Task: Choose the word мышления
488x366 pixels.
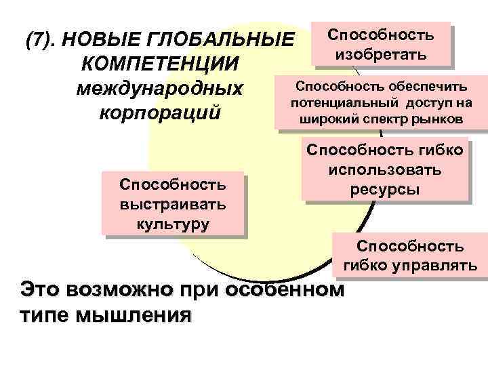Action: [134, 315]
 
